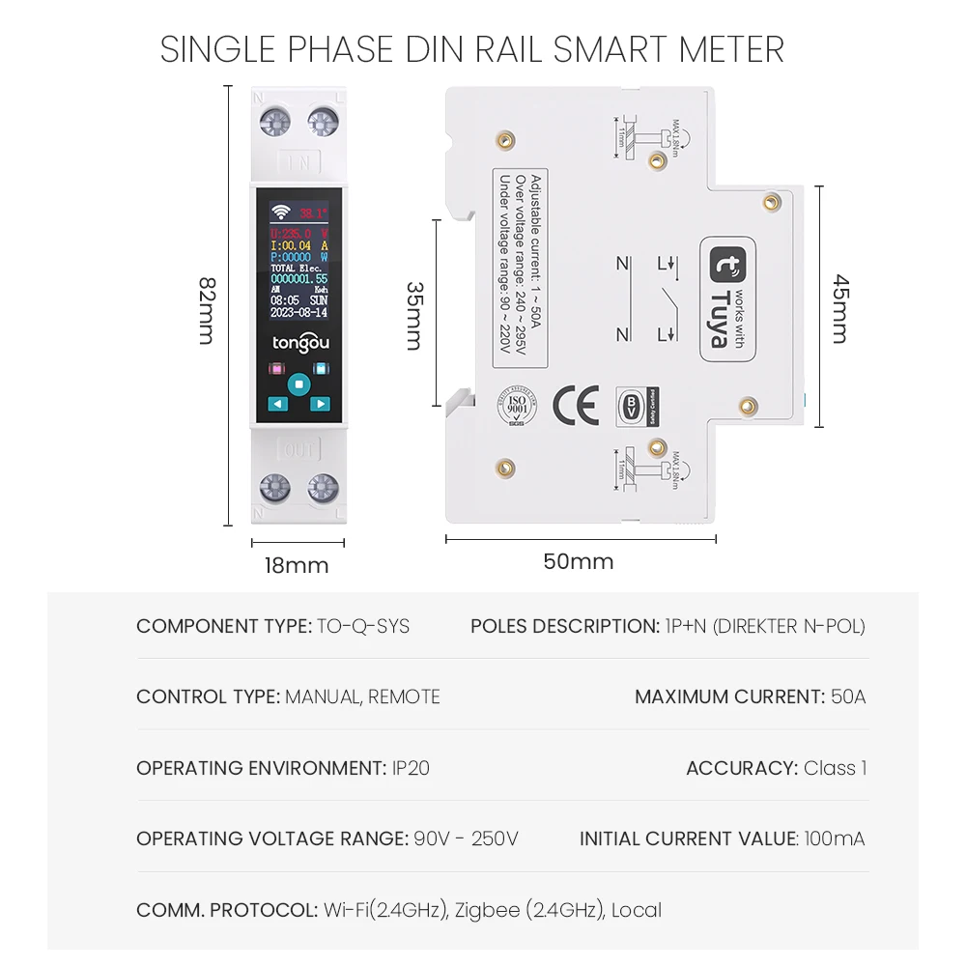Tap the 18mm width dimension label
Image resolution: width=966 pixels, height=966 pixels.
(297, 565)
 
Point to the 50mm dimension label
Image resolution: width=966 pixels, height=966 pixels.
(578, 561)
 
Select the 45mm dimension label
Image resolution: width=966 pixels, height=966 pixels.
(841, 308)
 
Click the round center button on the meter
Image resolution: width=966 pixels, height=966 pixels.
(298, 384)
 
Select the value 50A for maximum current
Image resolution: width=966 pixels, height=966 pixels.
(848, 696)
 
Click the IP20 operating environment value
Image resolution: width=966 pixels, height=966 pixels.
(411, 768)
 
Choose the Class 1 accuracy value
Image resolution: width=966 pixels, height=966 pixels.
(835, 768)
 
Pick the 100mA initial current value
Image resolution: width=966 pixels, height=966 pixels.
(835, 838)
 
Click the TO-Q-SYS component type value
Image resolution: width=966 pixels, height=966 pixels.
(363, 626)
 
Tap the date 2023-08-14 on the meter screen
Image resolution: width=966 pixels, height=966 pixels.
(298, 313)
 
